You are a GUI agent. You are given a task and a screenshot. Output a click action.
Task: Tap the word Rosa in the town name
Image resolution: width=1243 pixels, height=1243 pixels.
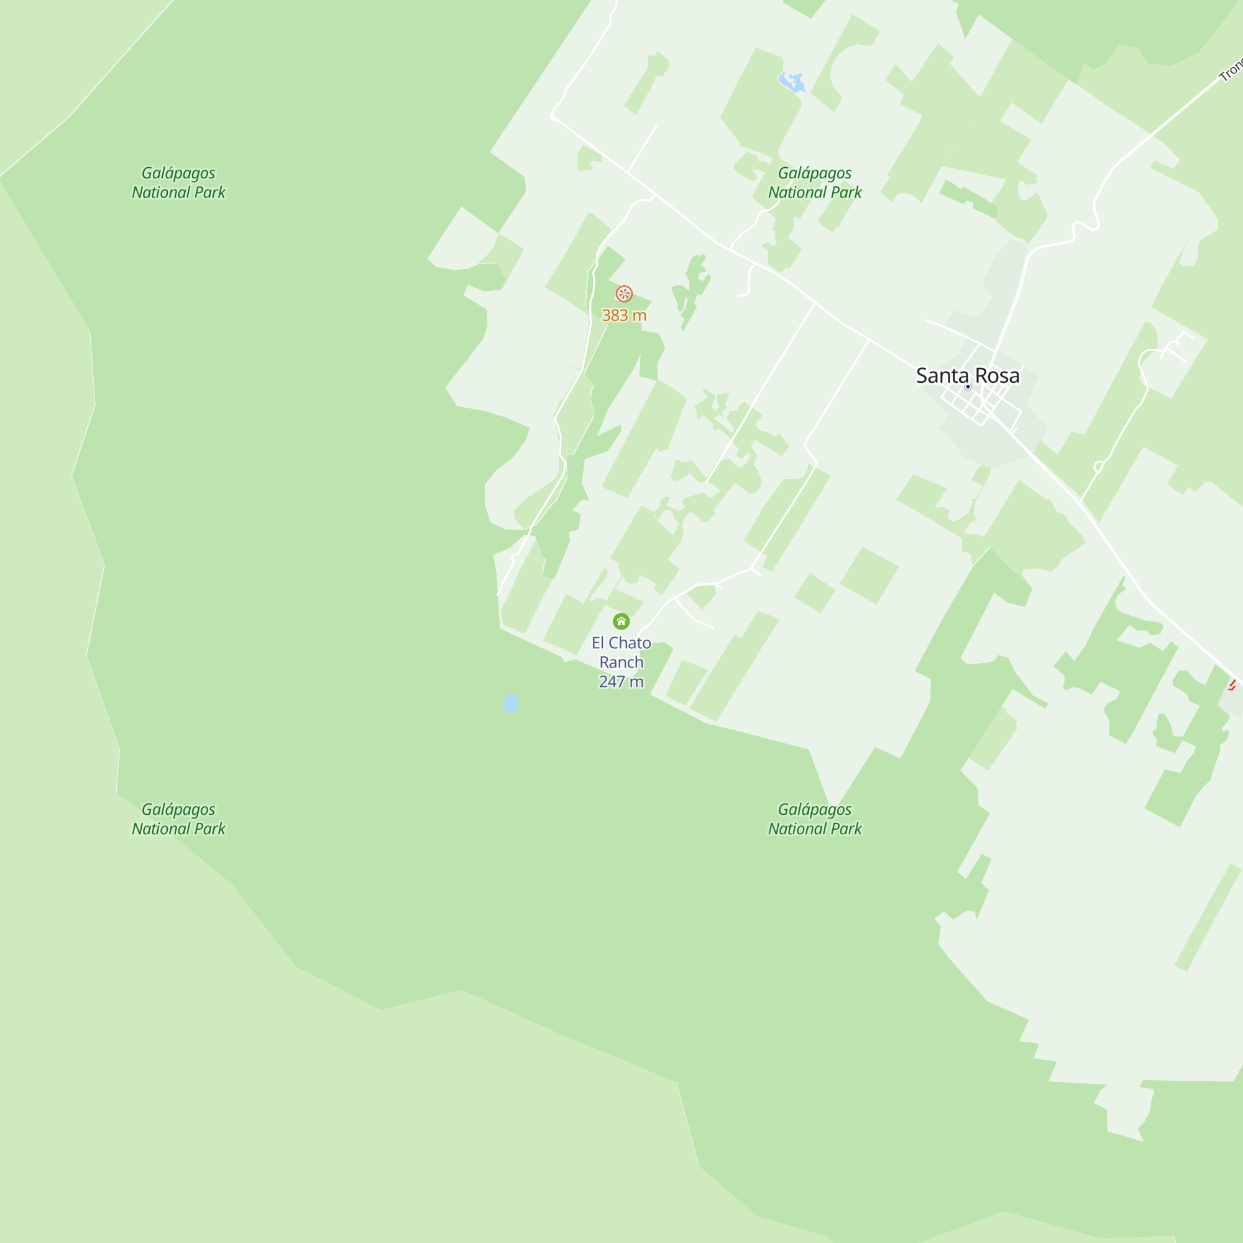pos(998,375)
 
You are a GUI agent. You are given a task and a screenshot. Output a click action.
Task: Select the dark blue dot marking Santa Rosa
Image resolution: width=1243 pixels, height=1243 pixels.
pos(968,387)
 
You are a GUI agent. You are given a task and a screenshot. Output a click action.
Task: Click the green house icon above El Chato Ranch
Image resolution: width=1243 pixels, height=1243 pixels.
pos(621,621)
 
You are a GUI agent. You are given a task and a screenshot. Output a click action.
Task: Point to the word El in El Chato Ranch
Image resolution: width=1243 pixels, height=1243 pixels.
pos(598,643)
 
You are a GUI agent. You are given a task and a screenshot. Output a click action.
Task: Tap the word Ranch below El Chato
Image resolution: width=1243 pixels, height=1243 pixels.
pos(621,662)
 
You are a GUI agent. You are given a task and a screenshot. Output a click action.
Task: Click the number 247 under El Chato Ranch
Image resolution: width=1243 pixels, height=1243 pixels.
pos(611,681)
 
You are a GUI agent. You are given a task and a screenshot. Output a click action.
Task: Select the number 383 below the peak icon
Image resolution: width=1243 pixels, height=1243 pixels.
pos(615,315)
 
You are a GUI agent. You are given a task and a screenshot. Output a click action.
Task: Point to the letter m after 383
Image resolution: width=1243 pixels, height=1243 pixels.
pos(640,315)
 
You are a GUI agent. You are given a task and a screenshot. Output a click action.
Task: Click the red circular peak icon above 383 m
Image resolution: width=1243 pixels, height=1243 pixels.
pos(623,294)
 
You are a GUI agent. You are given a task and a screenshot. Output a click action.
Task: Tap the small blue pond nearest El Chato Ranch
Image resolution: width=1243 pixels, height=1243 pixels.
pos(511,702)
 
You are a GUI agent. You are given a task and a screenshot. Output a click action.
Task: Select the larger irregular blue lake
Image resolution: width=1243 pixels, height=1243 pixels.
pos(792,83)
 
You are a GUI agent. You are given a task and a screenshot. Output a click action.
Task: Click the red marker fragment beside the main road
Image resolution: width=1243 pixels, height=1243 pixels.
pos(1232,684)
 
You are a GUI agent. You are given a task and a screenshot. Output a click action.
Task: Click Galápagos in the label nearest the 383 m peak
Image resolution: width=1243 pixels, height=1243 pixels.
pos(815,173)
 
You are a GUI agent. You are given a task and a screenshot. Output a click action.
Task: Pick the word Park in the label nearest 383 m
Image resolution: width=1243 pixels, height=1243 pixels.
pos(846,193)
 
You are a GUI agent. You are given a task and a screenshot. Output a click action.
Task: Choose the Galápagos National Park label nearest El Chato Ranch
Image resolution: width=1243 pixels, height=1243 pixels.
pos(815,819)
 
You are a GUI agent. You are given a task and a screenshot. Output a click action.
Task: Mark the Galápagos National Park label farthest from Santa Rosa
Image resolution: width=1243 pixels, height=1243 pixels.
pos(178,819)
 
